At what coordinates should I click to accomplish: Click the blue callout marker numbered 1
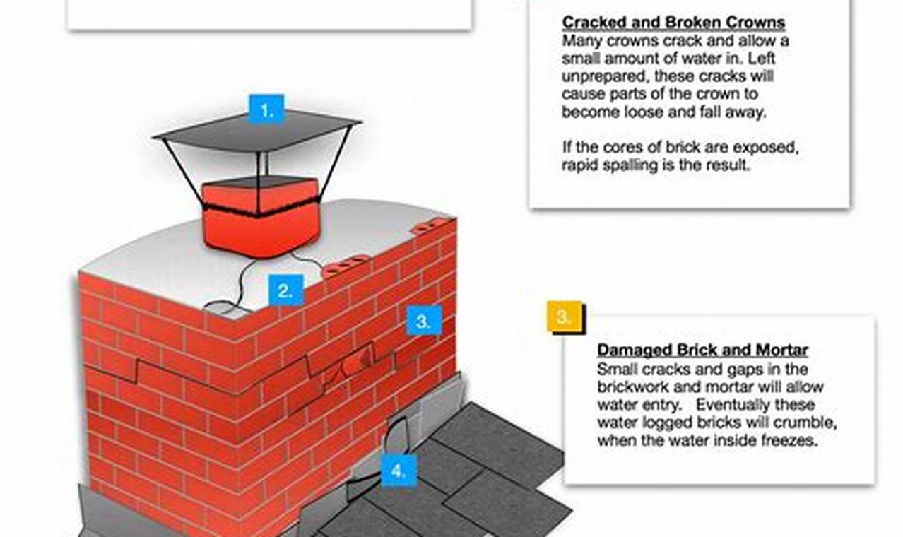(266, 110)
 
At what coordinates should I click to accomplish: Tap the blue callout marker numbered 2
(285, 290)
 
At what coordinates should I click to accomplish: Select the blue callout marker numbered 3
(423, 321)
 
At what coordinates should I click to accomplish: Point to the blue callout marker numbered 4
(399, 471)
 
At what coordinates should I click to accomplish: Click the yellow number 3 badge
(564, 317)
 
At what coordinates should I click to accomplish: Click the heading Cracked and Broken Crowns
(673, 23)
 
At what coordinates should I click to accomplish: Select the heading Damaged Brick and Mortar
(702, 350)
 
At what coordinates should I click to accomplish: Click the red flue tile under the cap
(259, 230)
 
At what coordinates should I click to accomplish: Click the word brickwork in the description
(630, 388)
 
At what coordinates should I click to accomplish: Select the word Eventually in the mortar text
(732, 406)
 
